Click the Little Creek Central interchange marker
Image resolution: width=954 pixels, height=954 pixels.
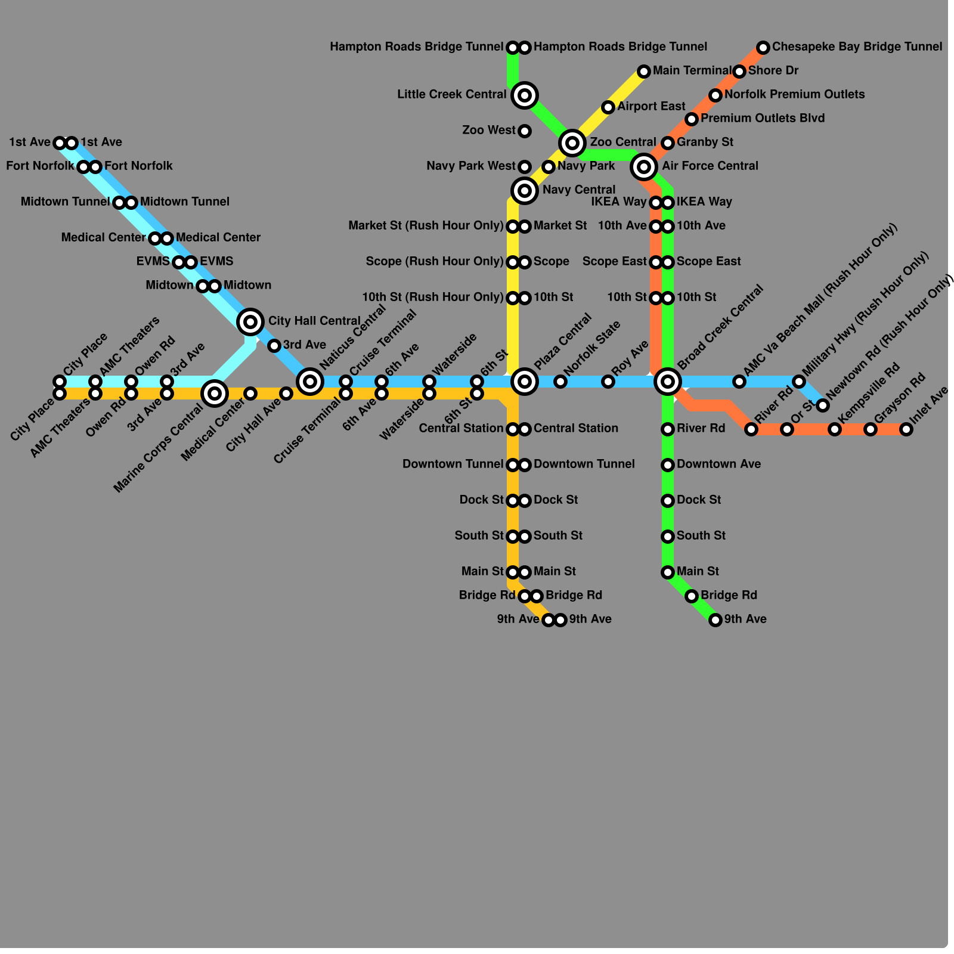(x=525, y=95)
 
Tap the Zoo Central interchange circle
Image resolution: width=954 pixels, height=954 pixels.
(x=572, y=143)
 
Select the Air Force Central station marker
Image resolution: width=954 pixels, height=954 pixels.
(x=644, y=166)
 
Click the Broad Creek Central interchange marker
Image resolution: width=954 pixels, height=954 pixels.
(x=668, y=381)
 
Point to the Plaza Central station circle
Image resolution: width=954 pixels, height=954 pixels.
(x=525, y=381)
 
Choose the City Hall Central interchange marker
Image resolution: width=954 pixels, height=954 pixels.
(x=250, y=322)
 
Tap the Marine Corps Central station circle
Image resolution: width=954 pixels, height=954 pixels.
(x=215, y=393)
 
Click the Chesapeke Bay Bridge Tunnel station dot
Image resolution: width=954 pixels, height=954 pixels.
(x=763, y=47)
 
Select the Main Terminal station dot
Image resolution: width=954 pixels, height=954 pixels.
(x=643, y=72)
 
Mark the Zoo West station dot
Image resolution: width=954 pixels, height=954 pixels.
(x=525, y=131)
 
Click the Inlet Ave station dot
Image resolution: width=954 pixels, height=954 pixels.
(x=906, y=429)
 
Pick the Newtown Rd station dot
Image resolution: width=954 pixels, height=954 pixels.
(x=823, y=405)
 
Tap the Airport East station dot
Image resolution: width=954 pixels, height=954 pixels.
(x=608, y=107)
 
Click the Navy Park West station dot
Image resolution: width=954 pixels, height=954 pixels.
(x=525, y=166)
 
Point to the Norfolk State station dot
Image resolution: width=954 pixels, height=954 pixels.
(x=560, y=382)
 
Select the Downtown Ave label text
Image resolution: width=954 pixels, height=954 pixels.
(x=718, y=464)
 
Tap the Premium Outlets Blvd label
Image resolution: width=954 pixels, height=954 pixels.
(x=763, y=118)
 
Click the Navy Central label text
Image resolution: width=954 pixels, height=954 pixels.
(x=578, y=190)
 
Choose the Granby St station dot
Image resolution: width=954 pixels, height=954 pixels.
(x=668, y=143)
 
